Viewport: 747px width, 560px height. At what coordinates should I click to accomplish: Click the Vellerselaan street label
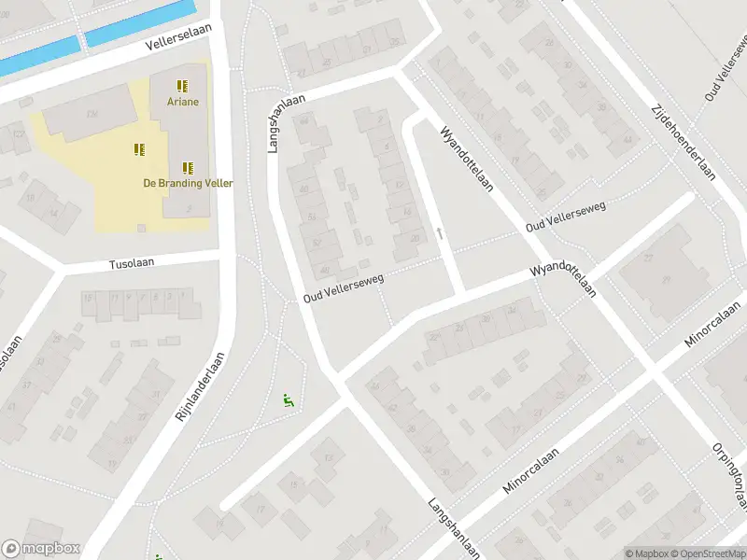tap(179, 37)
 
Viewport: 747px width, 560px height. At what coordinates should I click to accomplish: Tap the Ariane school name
tap(183, 102)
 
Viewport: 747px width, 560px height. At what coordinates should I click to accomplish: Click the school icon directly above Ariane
tap(183, 85)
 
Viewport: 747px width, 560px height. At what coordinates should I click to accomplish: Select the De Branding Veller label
tap(188, 183)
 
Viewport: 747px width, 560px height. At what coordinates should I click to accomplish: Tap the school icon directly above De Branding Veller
tap(188, 168)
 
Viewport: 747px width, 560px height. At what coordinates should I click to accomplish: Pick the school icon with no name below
tap(140, 149)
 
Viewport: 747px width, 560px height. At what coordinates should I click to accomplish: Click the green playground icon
tap(289, 401)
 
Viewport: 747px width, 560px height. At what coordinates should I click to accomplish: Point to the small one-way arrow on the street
tap(439, 233)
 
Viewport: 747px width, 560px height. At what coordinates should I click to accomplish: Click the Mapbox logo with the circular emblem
tap(41, 549)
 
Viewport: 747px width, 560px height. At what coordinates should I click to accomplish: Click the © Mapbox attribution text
tap(644, 553)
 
